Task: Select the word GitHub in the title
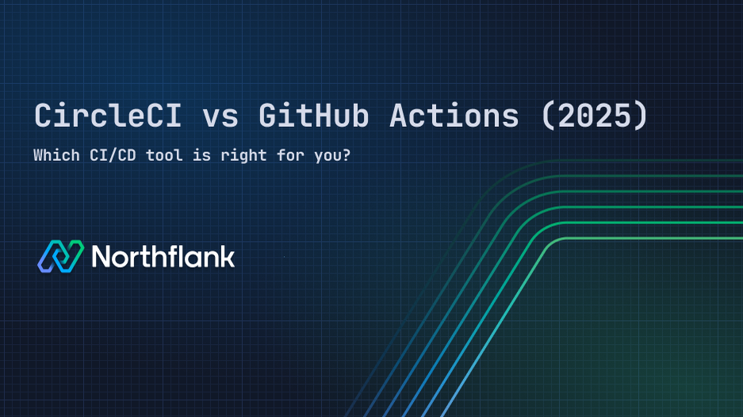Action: (314, 117)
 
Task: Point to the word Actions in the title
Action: (454, 117)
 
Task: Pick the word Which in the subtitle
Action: (55, 155)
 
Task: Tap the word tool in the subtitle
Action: (164, 155)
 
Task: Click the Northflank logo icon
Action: (60, 256)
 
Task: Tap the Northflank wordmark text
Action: (163, 256)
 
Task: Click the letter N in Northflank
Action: (101, 256)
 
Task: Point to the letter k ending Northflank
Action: (228, 256)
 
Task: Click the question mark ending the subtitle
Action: (347, 155)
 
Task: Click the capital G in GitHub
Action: (268, 117)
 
